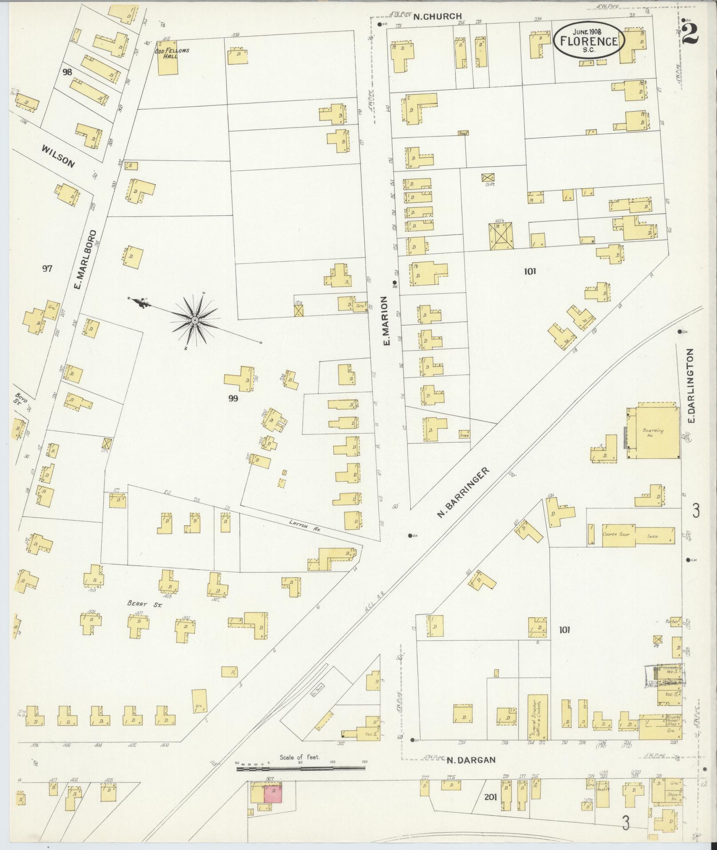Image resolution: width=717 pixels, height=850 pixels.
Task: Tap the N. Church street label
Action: coord(437,16)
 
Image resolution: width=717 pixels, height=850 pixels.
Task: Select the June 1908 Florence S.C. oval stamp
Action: coord(589,40)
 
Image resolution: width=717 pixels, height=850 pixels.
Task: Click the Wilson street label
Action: coord(58,156)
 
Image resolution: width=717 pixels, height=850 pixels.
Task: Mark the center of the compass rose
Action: coord(195,320)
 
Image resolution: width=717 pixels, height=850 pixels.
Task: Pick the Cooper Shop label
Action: coord(614,535)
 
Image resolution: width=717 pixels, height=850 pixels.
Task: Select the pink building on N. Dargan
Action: coord(273,794)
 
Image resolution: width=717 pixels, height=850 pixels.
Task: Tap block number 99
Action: coord(233,399)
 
